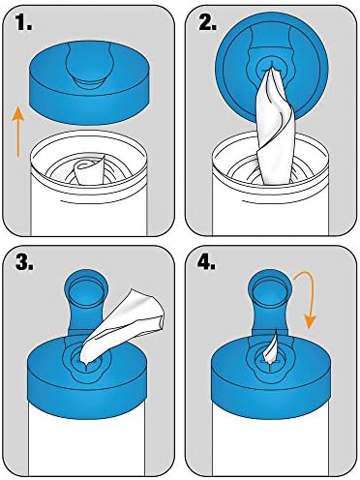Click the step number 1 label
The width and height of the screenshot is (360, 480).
click(24, 23)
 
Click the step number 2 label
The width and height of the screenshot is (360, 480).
click(207, 23)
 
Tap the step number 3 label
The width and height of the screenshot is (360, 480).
click(24, 263)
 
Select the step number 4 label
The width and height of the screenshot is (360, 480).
click(207, 263)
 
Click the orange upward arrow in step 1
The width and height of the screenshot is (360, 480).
click(18, 133)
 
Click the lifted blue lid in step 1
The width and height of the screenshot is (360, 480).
click(89, 82)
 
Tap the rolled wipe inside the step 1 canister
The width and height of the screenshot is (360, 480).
click(88, 170)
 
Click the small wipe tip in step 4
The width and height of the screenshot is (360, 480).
click(270, 350)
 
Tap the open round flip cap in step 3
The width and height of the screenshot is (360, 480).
click(86, 288)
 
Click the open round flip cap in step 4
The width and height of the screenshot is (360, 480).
click(269, 288)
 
